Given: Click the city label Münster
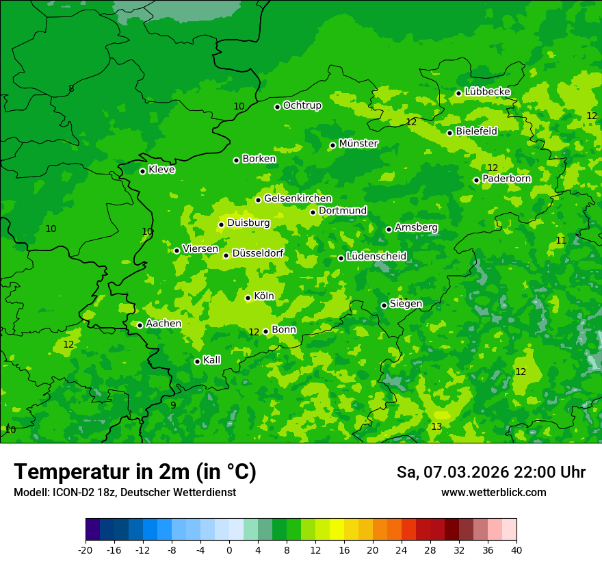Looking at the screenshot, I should [x=358, y=144].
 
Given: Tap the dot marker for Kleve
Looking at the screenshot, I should [x=142, y=171].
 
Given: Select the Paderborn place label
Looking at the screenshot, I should [x=506, y=179].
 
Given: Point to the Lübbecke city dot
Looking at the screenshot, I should [x=458, y=93].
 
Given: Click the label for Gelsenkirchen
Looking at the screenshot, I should [x=298, y=198].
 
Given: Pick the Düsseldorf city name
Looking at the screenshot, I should [x=258, y=253].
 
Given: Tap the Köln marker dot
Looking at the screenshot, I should [x=248, y=298].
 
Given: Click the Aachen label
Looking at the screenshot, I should [x=163, y=324].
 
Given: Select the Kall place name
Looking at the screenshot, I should [x=212, y=360].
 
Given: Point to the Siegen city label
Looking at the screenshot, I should [x=406, y=304].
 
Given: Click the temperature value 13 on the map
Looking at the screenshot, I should [x=436, y=427].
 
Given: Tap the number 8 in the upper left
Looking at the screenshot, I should [x=71, y=89].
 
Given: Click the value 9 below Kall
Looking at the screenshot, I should [x=173, y=405].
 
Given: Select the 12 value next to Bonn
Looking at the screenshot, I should [x=254, y=332].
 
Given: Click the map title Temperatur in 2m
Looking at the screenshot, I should [x=135, y=472].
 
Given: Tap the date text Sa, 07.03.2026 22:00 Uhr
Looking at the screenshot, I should [x=490, y=472].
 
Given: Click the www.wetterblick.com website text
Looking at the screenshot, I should [x=493, y=493].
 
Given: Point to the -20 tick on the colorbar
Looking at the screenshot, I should [x=86, y=550].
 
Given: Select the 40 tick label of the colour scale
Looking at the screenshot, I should [x=516, y=550].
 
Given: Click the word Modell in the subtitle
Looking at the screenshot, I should [x=28, y=493].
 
